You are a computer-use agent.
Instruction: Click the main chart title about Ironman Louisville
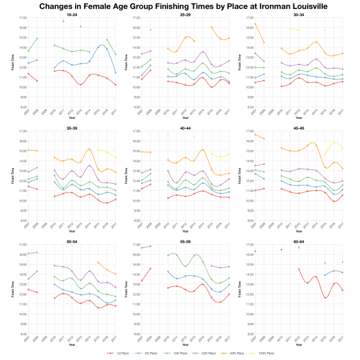coord(180,6)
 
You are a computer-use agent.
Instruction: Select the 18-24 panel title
coord(71,14)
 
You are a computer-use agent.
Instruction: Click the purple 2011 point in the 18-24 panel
coord(63,21)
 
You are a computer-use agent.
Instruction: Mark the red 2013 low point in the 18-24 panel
coord(80,85)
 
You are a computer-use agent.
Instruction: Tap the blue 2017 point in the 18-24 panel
coord(115,73)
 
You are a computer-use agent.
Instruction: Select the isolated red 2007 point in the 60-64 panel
coord(255,251)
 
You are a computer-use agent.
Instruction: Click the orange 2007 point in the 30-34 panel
coord(255,24)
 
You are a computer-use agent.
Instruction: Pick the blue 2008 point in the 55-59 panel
coord(150,246)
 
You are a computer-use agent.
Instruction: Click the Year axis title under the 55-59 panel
coord(187,345)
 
